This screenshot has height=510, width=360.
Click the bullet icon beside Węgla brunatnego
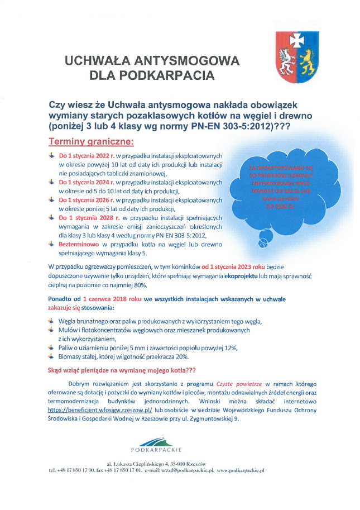(52, 321)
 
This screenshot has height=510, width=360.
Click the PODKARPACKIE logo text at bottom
(156, 449)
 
